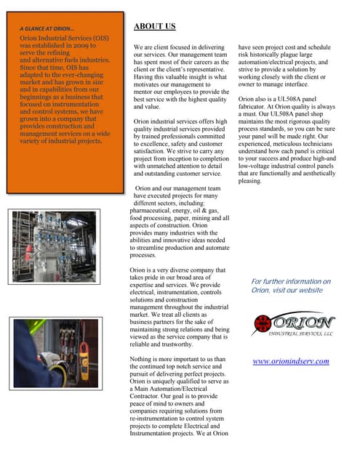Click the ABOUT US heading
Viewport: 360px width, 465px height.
click(155, 27)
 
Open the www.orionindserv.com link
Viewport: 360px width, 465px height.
click(290, 361)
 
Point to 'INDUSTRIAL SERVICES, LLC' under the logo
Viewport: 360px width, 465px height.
click(300, 334)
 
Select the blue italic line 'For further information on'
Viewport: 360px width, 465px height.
click(290, 281)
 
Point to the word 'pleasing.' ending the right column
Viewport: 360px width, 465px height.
click(250, 181)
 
